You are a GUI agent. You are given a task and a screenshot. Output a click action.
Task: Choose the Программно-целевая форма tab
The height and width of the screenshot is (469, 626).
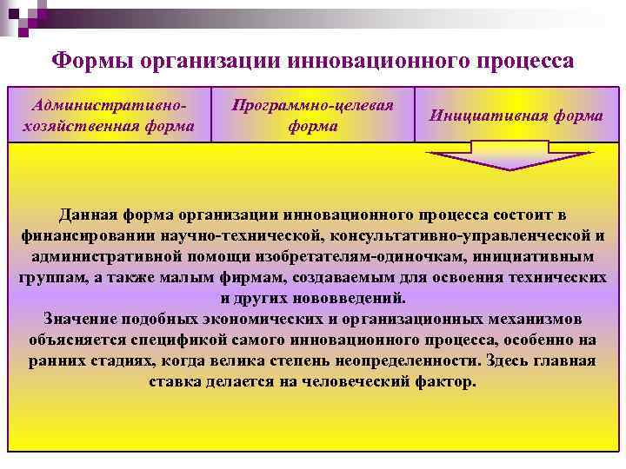312,116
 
